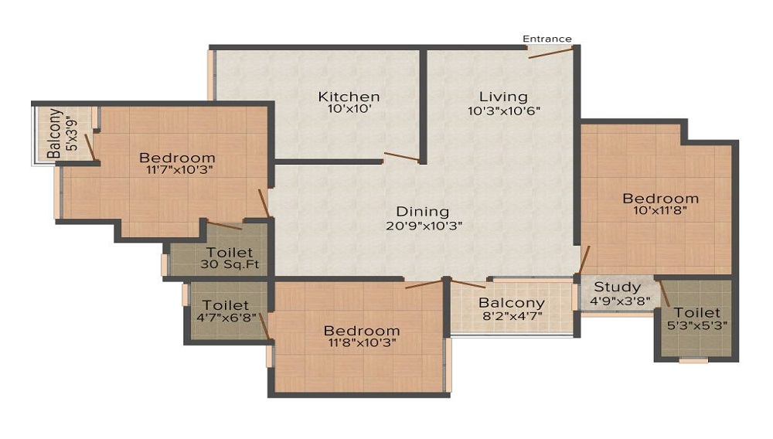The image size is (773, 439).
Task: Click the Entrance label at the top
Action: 547,39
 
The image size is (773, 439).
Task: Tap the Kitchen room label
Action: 349,97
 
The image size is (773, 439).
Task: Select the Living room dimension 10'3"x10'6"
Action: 503,110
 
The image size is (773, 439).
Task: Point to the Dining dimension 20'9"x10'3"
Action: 422,226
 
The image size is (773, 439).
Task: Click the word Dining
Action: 422,212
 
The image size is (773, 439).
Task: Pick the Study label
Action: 617,288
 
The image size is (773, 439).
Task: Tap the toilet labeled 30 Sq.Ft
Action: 230,265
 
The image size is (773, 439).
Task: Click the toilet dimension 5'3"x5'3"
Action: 696,325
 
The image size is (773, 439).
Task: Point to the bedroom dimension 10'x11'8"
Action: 660,210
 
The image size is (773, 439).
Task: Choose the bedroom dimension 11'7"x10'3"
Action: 177,170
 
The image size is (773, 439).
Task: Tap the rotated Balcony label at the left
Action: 55,134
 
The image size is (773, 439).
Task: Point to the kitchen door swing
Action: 401,158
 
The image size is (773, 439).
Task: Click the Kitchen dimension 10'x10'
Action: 349,110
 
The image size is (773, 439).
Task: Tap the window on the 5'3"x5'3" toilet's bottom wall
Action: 693,360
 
